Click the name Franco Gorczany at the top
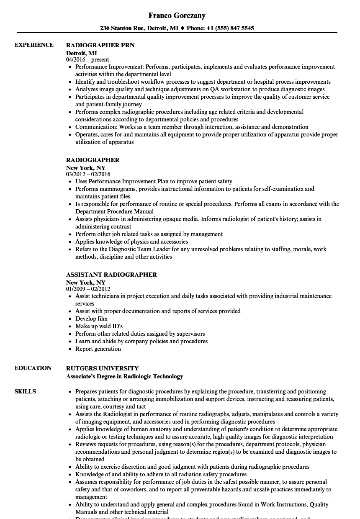177,15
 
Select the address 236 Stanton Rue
122,28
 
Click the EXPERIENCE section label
34,45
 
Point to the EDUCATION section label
33,368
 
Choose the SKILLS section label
25,391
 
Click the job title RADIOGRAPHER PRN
100,45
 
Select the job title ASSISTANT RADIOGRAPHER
111,275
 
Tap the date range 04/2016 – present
87,60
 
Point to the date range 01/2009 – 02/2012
88,289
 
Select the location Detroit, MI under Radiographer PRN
82,53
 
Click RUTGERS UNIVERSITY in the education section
103,368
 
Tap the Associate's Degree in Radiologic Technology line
124,376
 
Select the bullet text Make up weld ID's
99,326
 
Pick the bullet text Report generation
98,349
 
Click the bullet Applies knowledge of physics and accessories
131,242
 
